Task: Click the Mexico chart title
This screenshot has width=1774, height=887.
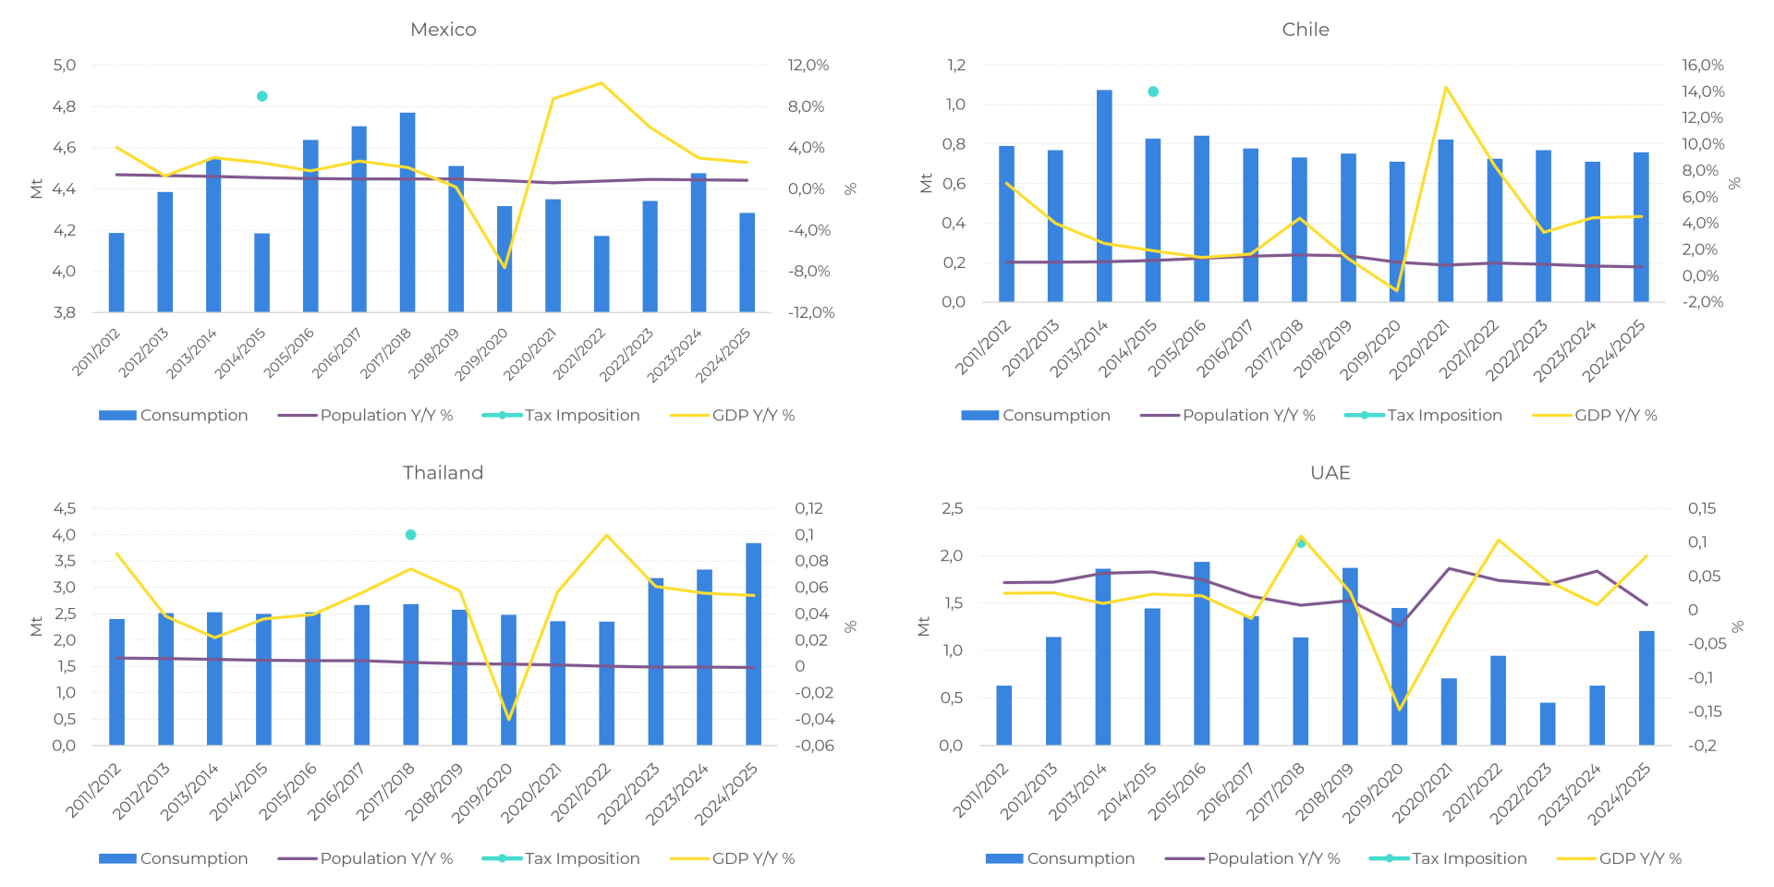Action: pyautogui.click(x=443, y=30)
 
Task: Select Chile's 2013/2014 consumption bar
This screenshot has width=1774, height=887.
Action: pyautogui.click(x=1104, y=196)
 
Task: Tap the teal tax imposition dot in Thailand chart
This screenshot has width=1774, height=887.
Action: pyautogui.click(x=410, y=535)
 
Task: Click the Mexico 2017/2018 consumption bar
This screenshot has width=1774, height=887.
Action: pyautogui.click(x=407, y=213)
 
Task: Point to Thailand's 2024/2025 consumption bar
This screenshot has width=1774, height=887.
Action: pyautogui.click(x=754, y=644)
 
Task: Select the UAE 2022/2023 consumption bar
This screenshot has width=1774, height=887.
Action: pyautogui.click(x=1548, y=724)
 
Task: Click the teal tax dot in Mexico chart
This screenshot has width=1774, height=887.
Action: pyautogui.click(x=262, y=96)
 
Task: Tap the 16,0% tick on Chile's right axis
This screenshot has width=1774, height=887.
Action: pyautogui.click(x=1703, y=66)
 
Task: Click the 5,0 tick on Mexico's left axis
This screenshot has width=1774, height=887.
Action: pyautogui.click(x=65, y=66)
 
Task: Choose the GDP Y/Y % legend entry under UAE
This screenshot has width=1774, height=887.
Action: pyautogui.click(x=1620, y=858)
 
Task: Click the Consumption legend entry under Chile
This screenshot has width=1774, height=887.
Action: pyautogui.click(x=1036, y=416)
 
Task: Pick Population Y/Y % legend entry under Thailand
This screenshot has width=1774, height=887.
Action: pyautogui.click(x=366, y=858)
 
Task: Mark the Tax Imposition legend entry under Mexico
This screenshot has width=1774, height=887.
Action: pyautogui.click(x=561, y=416)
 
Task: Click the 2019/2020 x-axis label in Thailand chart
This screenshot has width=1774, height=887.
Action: pyautogui.click(x=482, y=793)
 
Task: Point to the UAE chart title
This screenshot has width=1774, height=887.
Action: pyautogui.click(x=1330, y=473)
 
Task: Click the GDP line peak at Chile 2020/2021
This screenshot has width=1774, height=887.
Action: pyautogui.click(x=1446, y=88)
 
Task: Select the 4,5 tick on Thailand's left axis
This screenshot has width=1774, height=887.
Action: pyautogui.click(x=65, y=509)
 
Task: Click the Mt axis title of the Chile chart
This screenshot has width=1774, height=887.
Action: pyautogui.click(x=926, y=183)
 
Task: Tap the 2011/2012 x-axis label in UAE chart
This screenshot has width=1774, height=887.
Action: pyautogui.click(x=981, y=793)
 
